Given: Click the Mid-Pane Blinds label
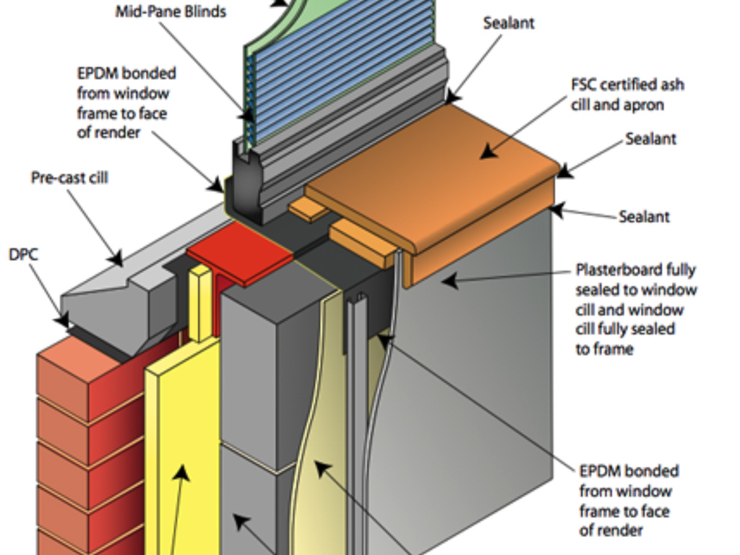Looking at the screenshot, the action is click(x=171, y=12).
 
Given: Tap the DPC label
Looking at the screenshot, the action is click(x=23, y=254).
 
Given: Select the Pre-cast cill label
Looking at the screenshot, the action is click(x=69, y=178).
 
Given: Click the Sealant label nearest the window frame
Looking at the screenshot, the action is click(x=509, y=23).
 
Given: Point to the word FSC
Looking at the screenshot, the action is click(x=584, y=85).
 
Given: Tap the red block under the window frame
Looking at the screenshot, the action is click(x=240, y=252).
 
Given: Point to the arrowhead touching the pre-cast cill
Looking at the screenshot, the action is click(x=116, y=258).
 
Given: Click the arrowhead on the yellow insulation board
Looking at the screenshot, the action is click(x=181, y=473).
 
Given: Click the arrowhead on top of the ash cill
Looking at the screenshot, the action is click(x=489, y=153).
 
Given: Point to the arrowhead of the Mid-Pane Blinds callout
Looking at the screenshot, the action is click(x=246, y=115).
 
